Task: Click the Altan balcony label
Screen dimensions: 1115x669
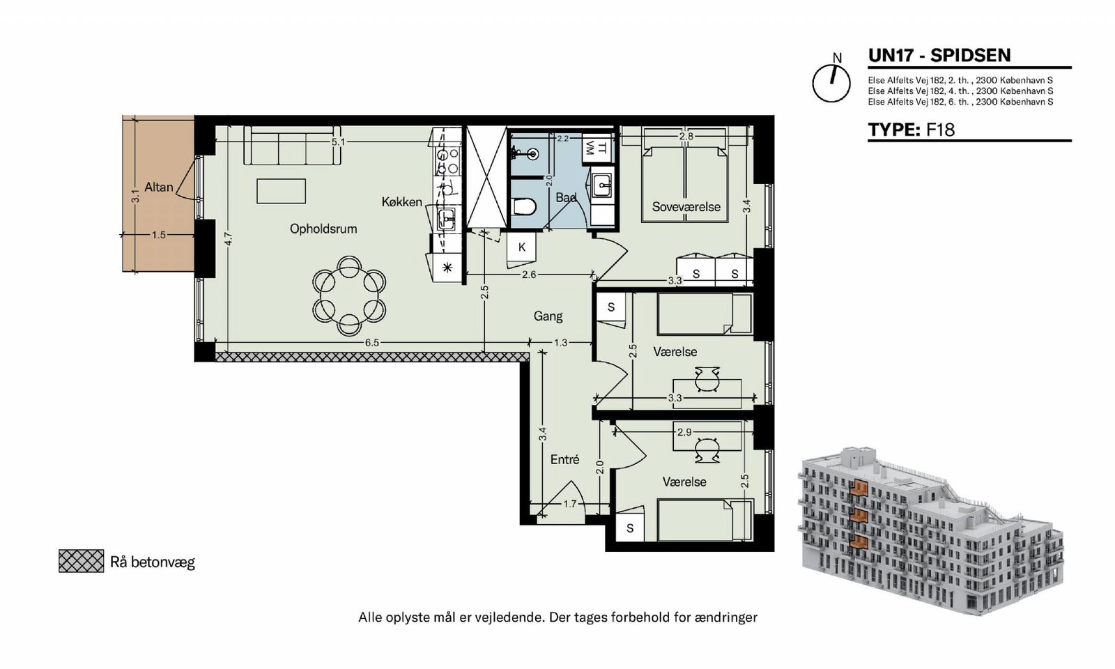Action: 159,187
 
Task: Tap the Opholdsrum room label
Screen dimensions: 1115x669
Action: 323,229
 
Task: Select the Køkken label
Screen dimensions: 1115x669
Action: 401,201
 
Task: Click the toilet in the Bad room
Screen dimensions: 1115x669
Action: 523,206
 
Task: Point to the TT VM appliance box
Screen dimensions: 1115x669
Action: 597,148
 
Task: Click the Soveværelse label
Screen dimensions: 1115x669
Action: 686,206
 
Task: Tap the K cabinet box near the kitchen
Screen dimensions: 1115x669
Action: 522,247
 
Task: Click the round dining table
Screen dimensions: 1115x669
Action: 349,295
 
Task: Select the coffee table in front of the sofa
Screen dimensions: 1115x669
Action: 282,191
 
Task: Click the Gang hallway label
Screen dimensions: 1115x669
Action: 548,316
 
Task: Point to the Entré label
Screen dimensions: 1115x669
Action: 565,459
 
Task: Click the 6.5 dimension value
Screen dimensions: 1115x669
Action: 372,342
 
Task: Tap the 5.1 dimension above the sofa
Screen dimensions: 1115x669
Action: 339,142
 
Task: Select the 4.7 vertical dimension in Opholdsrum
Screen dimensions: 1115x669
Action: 228,239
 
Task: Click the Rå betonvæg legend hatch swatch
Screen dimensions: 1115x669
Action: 81,561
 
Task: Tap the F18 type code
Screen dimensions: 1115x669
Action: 940,130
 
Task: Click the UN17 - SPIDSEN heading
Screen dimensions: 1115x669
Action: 939,55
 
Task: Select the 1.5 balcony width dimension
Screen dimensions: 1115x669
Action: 159,234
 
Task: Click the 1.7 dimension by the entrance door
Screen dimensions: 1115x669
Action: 569,505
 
